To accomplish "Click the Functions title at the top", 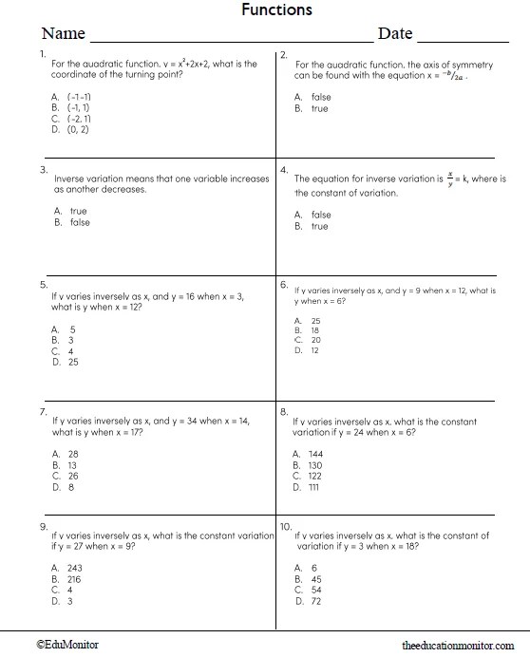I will pos(276,10).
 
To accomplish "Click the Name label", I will pos(64,34).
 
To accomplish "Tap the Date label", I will pos(395,34).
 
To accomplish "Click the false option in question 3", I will pos(73,222).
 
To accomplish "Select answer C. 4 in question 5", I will pos(65,350).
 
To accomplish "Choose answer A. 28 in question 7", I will pos(66,454).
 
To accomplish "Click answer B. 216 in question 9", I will pos(67,578).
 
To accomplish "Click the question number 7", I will pos(44,412).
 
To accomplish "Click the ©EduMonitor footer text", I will pos(67,645).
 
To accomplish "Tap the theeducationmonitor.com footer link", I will pos(464,645).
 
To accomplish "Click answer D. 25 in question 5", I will pos(66,362).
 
